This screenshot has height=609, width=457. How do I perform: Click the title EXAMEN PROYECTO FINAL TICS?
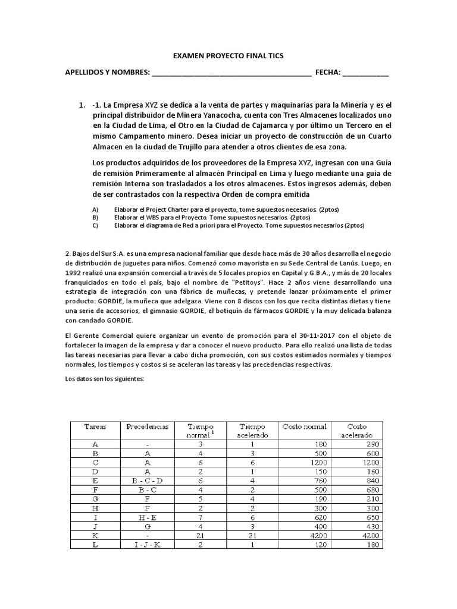228,56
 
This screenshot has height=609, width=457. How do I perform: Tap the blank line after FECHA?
365,73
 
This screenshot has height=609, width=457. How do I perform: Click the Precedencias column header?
147,426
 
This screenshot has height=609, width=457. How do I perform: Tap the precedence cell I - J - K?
147,545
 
